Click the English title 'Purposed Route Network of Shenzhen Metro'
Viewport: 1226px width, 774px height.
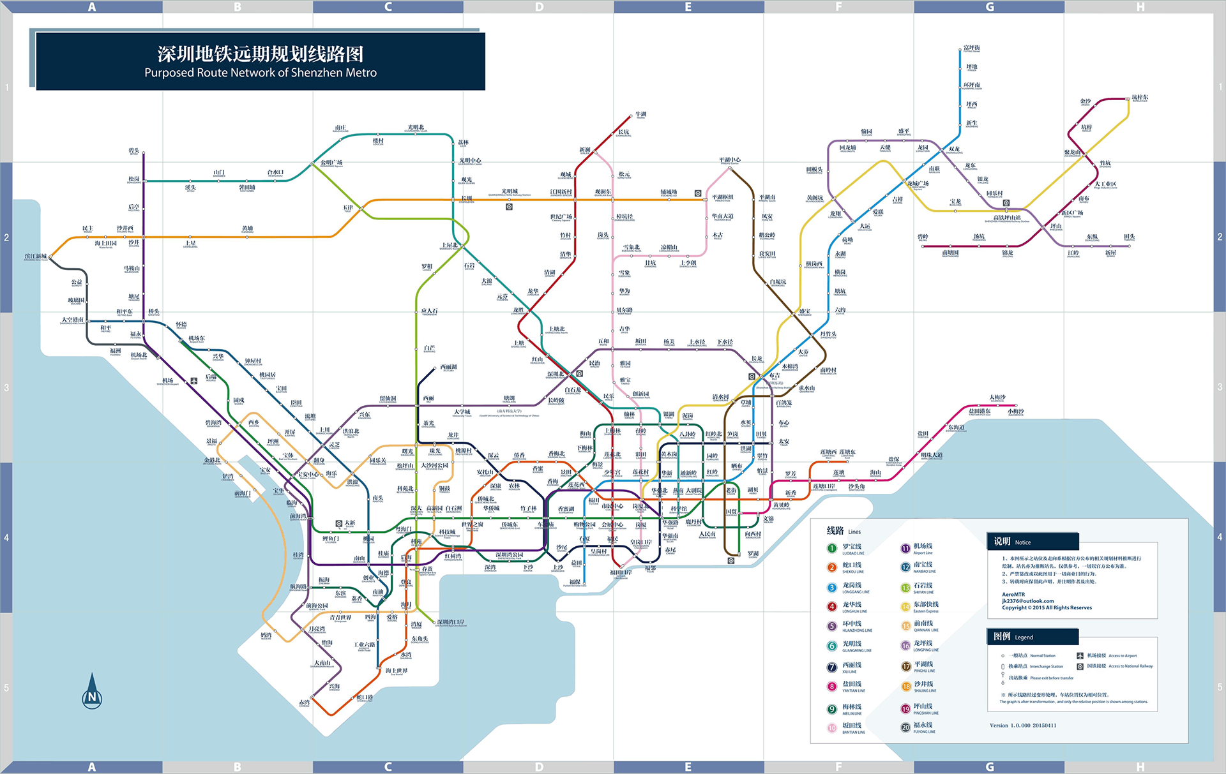coord(261,73)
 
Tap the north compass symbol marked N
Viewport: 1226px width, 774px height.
coord(92,694)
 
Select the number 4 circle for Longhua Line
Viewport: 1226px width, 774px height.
coord(831,606)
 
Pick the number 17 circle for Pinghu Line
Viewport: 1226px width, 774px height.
coord(905,666)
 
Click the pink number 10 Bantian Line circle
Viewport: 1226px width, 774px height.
coord(831,727)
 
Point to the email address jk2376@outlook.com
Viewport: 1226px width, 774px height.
coord(1027,600)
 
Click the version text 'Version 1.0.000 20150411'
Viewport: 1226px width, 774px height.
coord(1023,726)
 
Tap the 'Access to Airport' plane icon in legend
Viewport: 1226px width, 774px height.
coord(1080,655)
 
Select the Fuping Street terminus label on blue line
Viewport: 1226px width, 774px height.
coord(971,48)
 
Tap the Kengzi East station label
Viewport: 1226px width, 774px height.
coord(1139,98)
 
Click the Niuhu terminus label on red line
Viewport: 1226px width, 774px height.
coord(640,115)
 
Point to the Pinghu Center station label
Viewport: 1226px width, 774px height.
coord(729,160)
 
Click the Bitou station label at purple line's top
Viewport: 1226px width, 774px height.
coord(133,151)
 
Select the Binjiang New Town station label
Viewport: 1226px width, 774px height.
coord(35,257)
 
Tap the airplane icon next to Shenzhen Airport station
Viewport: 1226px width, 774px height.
coord(194,380)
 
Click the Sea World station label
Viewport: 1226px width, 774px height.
coord(396,671)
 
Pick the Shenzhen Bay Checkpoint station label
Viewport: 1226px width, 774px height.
coord(451,622)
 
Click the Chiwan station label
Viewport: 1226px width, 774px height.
coord(304,703)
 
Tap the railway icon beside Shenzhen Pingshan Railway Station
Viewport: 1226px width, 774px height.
coord(1006,203)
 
